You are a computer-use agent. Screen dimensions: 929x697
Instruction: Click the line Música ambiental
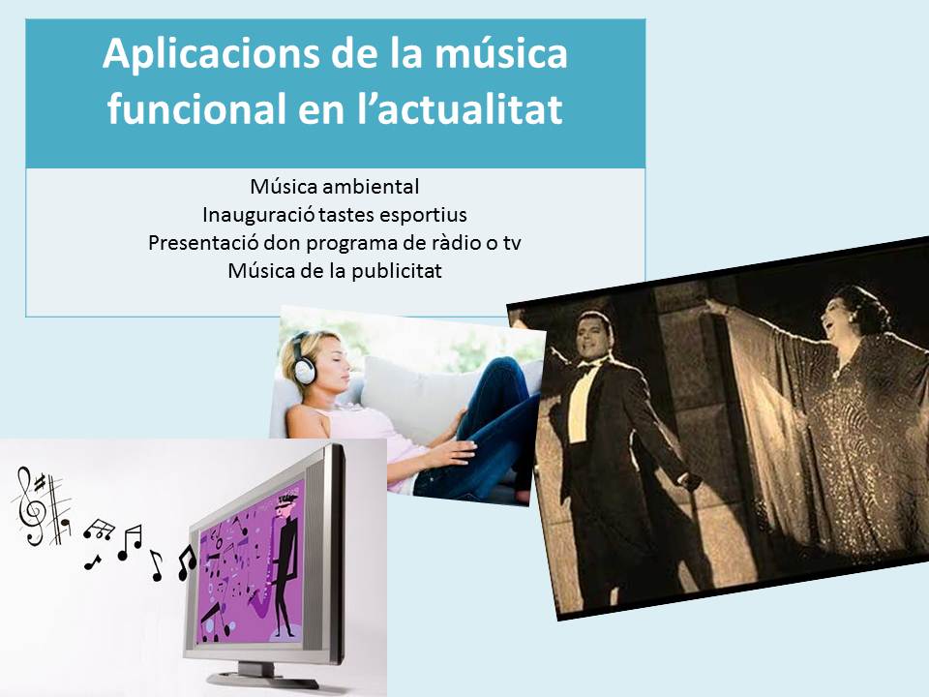pos(334,187)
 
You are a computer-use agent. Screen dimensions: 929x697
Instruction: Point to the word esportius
pos(423,215)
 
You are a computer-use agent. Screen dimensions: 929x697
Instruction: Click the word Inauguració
pos(259,215)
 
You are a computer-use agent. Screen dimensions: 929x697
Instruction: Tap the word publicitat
pos(397,271)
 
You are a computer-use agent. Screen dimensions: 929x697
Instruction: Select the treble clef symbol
pos(31,505)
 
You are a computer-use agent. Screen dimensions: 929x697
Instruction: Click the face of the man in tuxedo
pos(591,337)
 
